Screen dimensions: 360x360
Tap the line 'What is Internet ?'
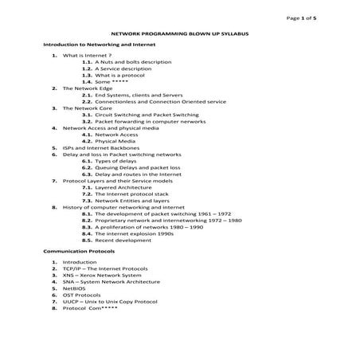point(87,56)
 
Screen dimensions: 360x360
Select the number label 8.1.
point(87,213)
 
